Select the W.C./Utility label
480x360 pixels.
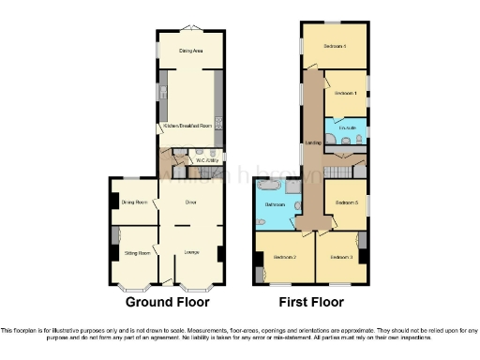(x=206, y=160)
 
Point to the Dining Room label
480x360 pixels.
(x=134, y=202)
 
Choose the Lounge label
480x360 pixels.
(x=190, y=252)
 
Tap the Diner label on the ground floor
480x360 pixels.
(x=190, y=202)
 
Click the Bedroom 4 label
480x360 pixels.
(x=335, y=46)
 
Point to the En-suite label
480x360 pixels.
(x=344, y=126)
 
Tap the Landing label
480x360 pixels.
(x=313, y=143)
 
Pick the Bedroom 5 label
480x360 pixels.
(x=346, y=202)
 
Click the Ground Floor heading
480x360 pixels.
(x=167, y=302)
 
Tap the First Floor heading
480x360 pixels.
(x=311, y=302)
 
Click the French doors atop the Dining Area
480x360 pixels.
(x=190, y=26)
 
